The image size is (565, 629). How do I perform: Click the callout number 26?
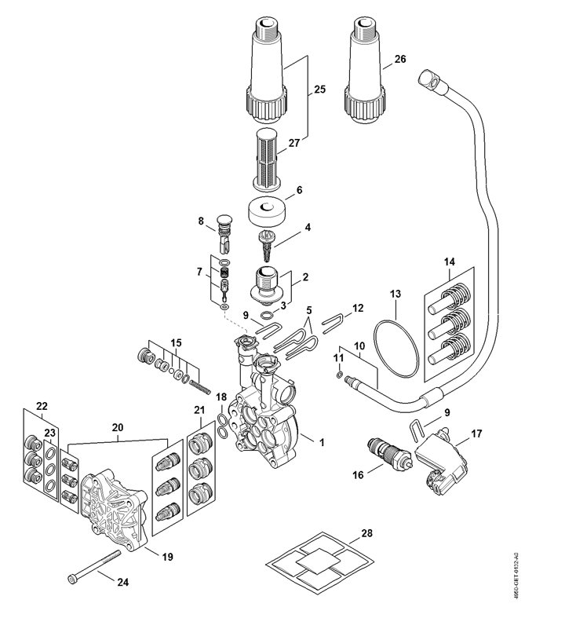pyautogui.click(x=400, y=58)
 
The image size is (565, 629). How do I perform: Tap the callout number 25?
pyautogui.click(x=319, y=90)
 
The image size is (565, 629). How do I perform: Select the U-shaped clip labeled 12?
pyautogui.click(x=336, y=319)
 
